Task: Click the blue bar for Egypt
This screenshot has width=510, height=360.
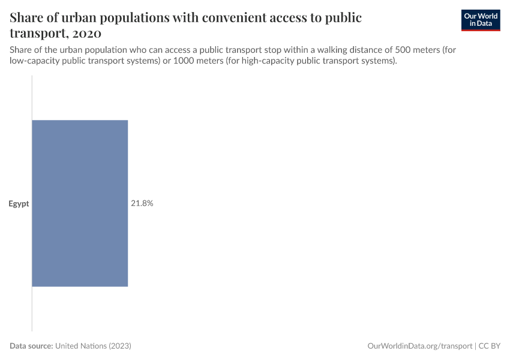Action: tap(80, 203)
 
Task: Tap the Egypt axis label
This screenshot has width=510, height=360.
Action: tap(19, 204)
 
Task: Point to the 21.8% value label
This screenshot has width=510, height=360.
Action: tap(142, 203)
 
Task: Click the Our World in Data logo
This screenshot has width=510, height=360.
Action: tap(480, 20)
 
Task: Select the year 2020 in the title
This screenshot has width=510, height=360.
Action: tap(85, 33)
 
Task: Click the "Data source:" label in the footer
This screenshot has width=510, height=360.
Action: tap(32, 346)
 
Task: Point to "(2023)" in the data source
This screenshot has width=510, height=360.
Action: tap(121, 346)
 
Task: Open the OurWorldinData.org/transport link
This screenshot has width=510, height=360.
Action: tap(419, 346)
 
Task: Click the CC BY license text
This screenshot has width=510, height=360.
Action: tap(490, 346)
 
